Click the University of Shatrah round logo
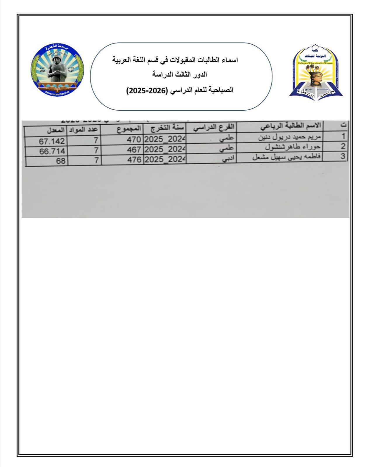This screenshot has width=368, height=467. click(57, 70)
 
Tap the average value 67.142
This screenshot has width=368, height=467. click(52, 141)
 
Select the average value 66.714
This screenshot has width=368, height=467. click(53, 151)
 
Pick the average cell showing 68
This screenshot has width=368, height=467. click(61, 161)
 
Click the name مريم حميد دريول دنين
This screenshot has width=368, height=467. click(289, 137)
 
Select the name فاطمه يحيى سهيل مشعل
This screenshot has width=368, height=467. click(286, 157)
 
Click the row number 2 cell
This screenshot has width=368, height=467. click(343, 146)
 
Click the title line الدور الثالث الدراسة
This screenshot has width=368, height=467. click(180, 75)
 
